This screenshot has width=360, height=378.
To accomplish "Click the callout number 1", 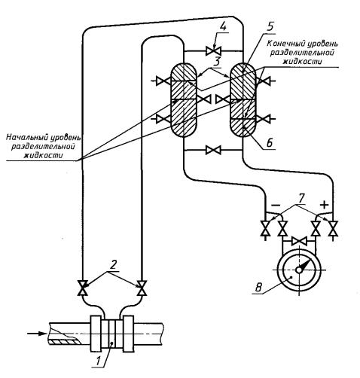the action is click(x=98, y=361).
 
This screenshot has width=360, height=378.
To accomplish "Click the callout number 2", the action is click(x=114, y=265).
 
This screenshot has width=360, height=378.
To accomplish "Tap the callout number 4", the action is click(x=223, y=27).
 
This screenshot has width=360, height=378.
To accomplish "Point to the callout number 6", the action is click(x=269, y=143).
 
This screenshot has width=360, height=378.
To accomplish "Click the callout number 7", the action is click(x=301, y=198).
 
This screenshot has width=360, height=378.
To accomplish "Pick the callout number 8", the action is click(x=258, y=288).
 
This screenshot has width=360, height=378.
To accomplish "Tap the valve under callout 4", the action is click(x=213, y=51).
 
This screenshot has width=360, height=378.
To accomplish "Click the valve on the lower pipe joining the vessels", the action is click(x=213, y=150).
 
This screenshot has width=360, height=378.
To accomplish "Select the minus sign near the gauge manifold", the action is click(x=276, y=206).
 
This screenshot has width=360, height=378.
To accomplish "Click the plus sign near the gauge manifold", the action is click(x=324, y=205).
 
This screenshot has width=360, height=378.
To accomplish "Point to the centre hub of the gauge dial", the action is click(x=299, y=270).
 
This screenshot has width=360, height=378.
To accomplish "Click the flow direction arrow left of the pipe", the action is click(x=37, y=334).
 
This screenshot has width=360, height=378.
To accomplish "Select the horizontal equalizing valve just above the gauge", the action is click(x=299, y=241).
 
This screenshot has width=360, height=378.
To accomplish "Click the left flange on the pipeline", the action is click(x=96, y=334).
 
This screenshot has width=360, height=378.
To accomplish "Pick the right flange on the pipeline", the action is click(x=128, y=334).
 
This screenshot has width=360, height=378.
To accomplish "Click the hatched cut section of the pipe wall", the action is click(x=65, y=342).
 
